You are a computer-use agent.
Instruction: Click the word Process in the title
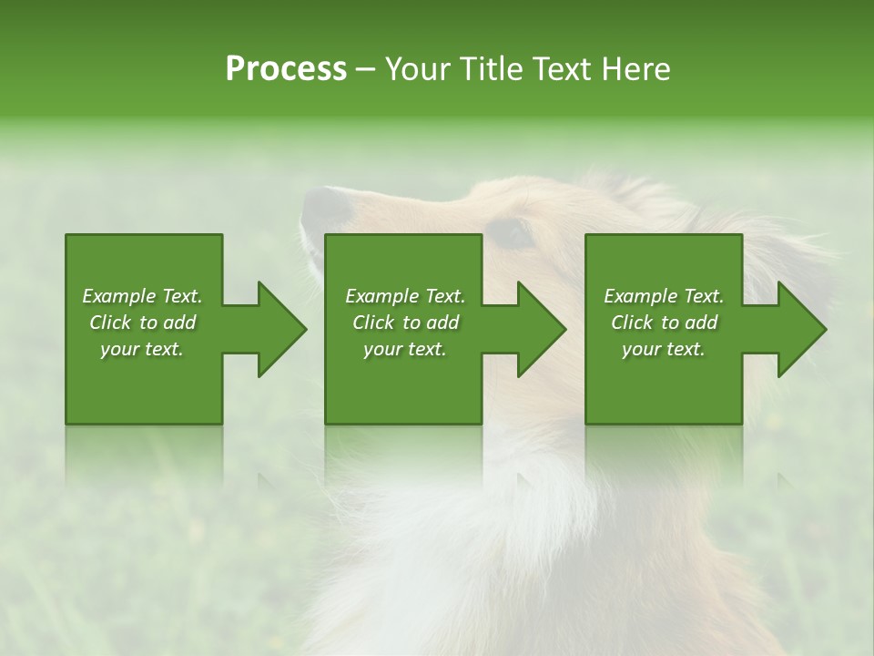click(x=286, y=69)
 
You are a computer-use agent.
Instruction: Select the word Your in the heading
click(x=419, y=69)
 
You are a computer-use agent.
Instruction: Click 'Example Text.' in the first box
click(x=142, y=296)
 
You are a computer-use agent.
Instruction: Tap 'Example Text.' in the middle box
click(x=405, y=296)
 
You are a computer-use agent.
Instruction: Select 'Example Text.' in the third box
click(x=664, y=296)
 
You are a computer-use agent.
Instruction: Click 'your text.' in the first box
click(x=142, y=349)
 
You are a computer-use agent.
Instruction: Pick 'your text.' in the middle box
click(x=405, y=349)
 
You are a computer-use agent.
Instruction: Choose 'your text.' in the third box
click(x=664, y=349)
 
